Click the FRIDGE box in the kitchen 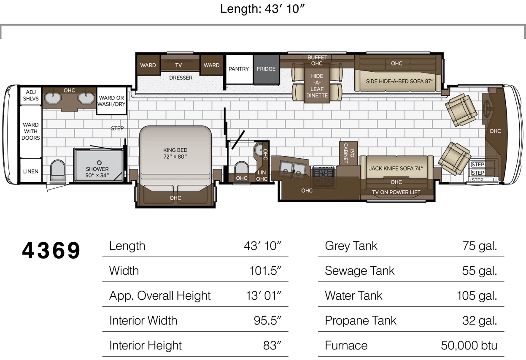(x=266, y=69)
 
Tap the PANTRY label (x=239, y=69)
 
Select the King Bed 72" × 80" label (x=175, y=153)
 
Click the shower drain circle (x=99, y=162)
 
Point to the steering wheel (x=487, y=108)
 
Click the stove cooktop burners (x=324, y=172)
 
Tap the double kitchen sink (x=292, y=169)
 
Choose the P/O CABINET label (x=348, y=153)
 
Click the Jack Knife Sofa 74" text (x=396, y=168)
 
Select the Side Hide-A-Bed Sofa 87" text (x=399, y=81)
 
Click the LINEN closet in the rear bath (x=30, y=171)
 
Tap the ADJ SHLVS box (x=31, y=95)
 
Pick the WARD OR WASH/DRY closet (x=111, y=101)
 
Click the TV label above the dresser (x=178, y=65)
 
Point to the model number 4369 (x=51, y=250)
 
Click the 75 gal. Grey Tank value (x=480, y=246)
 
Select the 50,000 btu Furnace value (x=469, y=345)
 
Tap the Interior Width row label (x=143, y=320)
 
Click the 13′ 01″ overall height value (x=264, y=295)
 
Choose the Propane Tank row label (x=361, y=320)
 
